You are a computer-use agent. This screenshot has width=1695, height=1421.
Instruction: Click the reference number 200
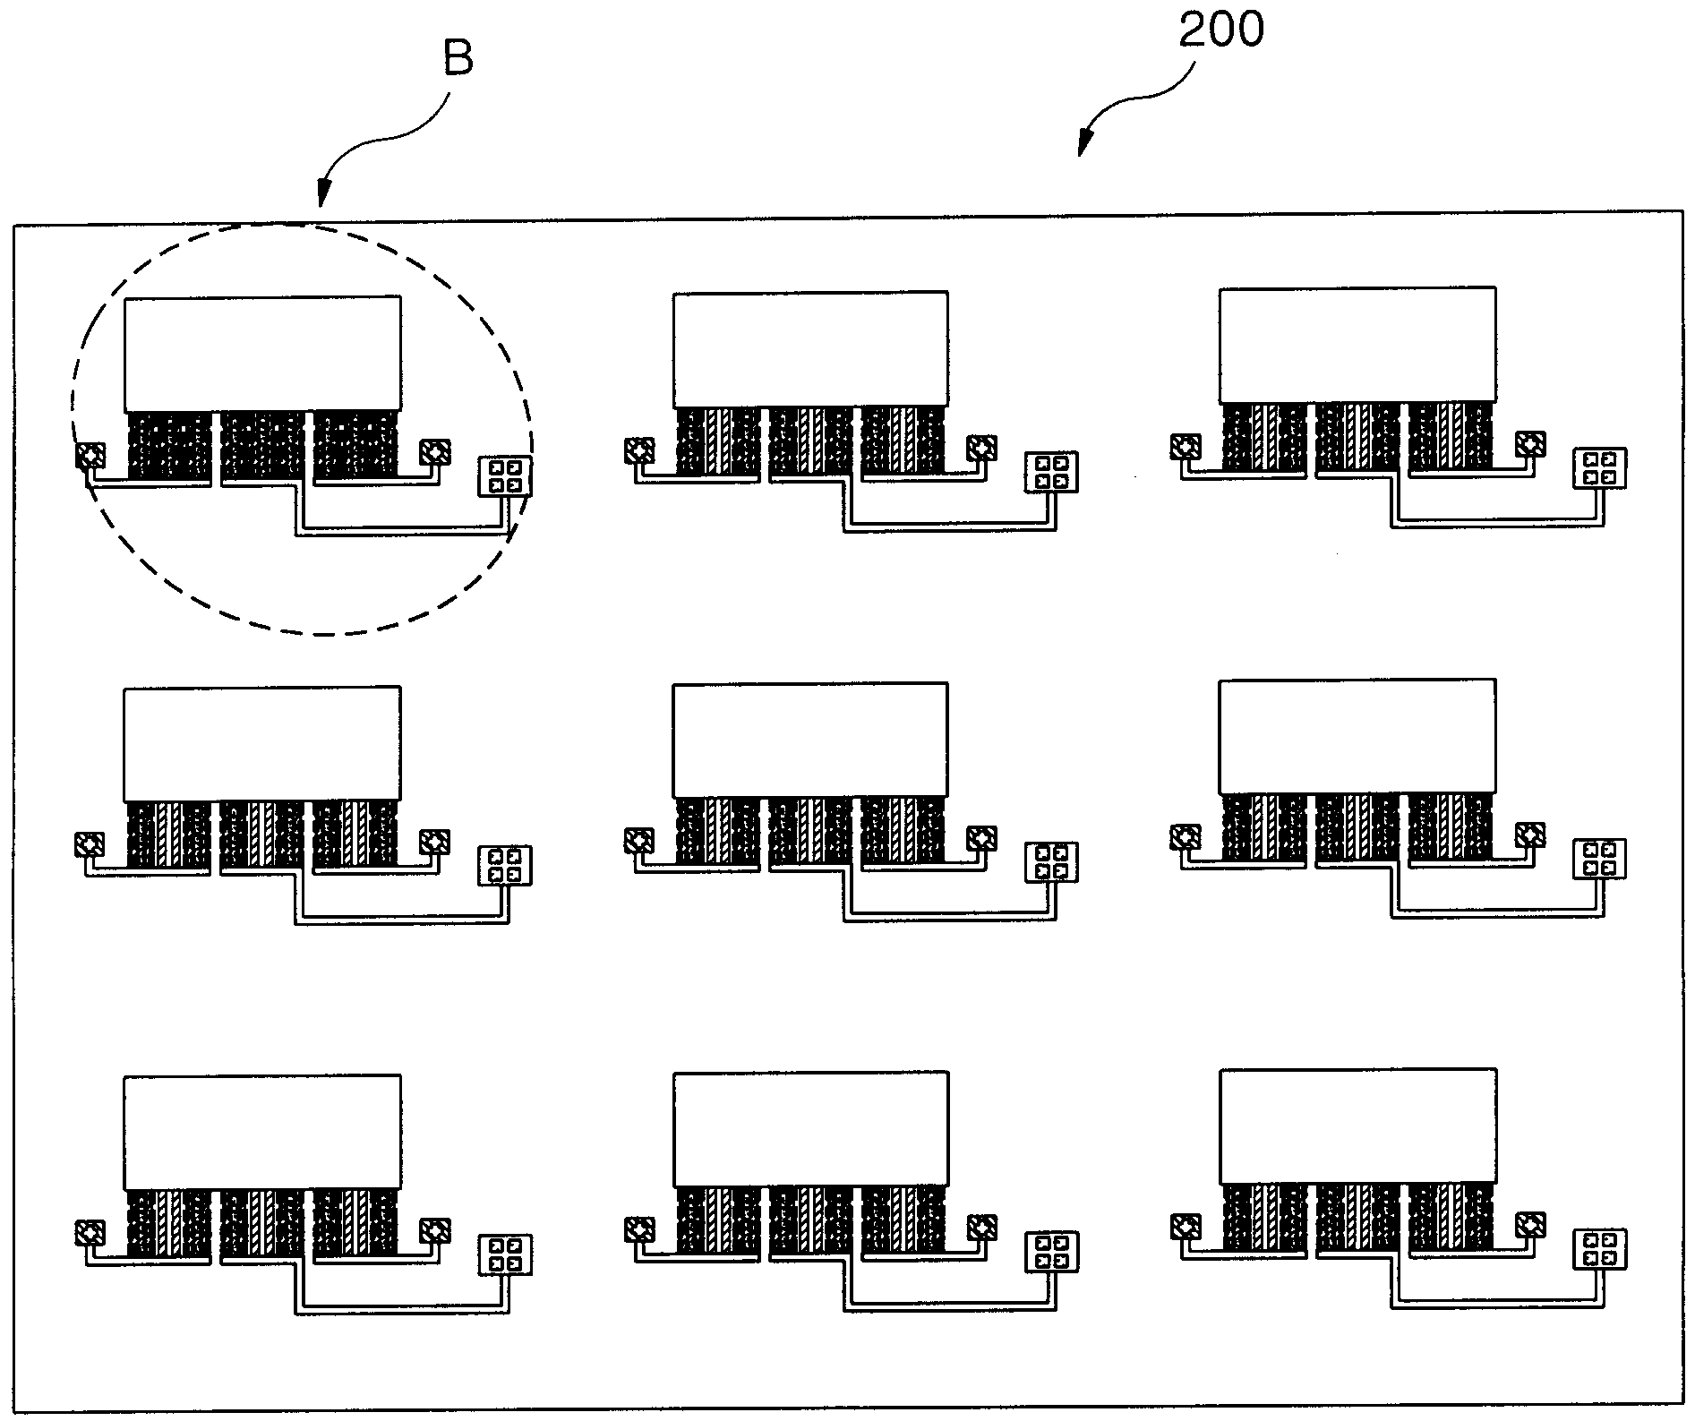1220,29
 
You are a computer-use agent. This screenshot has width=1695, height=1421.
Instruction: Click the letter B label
458,58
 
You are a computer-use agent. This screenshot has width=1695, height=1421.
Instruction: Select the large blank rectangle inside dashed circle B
262,354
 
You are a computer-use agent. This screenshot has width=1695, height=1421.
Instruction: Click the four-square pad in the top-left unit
505,475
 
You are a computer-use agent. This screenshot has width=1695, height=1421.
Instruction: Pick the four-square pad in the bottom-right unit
1600,1250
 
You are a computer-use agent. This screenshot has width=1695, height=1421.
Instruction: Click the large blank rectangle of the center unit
810,740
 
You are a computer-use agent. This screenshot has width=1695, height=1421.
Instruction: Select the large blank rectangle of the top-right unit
1357,345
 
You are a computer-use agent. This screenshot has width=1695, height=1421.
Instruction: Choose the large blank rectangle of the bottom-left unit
262,1132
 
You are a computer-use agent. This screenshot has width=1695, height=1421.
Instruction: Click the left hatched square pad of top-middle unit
638,449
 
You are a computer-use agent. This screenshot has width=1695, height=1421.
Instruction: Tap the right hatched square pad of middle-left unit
435,842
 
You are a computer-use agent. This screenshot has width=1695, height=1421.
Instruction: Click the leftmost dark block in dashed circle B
170,445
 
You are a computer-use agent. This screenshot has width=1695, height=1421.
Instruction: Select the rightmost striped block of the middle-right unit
1451,827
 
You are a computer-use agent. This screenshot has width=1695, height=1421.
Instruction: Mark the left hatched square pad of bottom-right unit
1186,1225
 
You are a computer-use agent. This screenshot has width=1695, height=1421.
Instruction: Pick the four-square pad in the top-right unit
1600,468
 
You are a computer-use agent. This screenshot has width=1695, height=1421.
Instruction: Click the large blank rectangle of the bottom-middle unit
810,1129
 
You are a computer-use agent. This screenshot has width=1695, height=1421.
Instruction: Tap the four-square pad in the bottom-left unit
505,1254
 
